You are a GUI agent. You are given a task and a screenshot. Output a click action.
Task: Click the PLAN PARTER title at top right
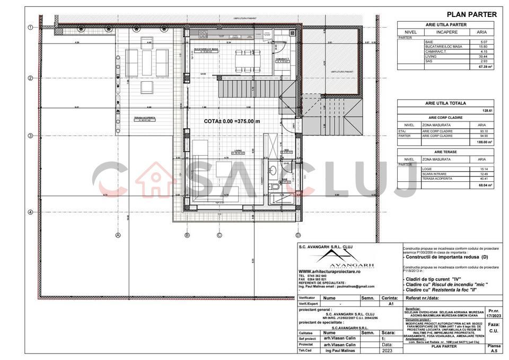tap(472, 14)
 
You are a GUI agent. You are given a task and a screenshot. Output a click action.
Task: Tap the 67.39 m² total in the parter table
tap(486, 67)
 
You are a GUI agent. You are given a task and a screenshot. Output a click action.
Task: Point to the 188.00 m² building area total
tap(486, 142)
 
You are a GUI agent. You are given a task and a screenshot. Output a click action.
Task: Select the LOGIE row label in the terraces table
tap(428, 169)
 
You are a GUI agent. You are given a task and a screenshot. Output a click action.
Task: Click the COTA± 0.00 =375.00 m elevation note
tap(232, 121)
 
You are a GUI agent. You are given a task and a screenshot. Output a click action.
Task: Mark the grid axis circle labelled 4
tap(31, 213)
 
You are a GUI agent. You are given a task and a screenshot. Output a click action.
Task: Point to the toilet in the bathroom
tap(276, 187)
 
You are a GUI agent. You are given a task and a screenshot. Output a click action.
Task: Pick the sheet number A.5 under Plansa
tap(494, 349)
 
